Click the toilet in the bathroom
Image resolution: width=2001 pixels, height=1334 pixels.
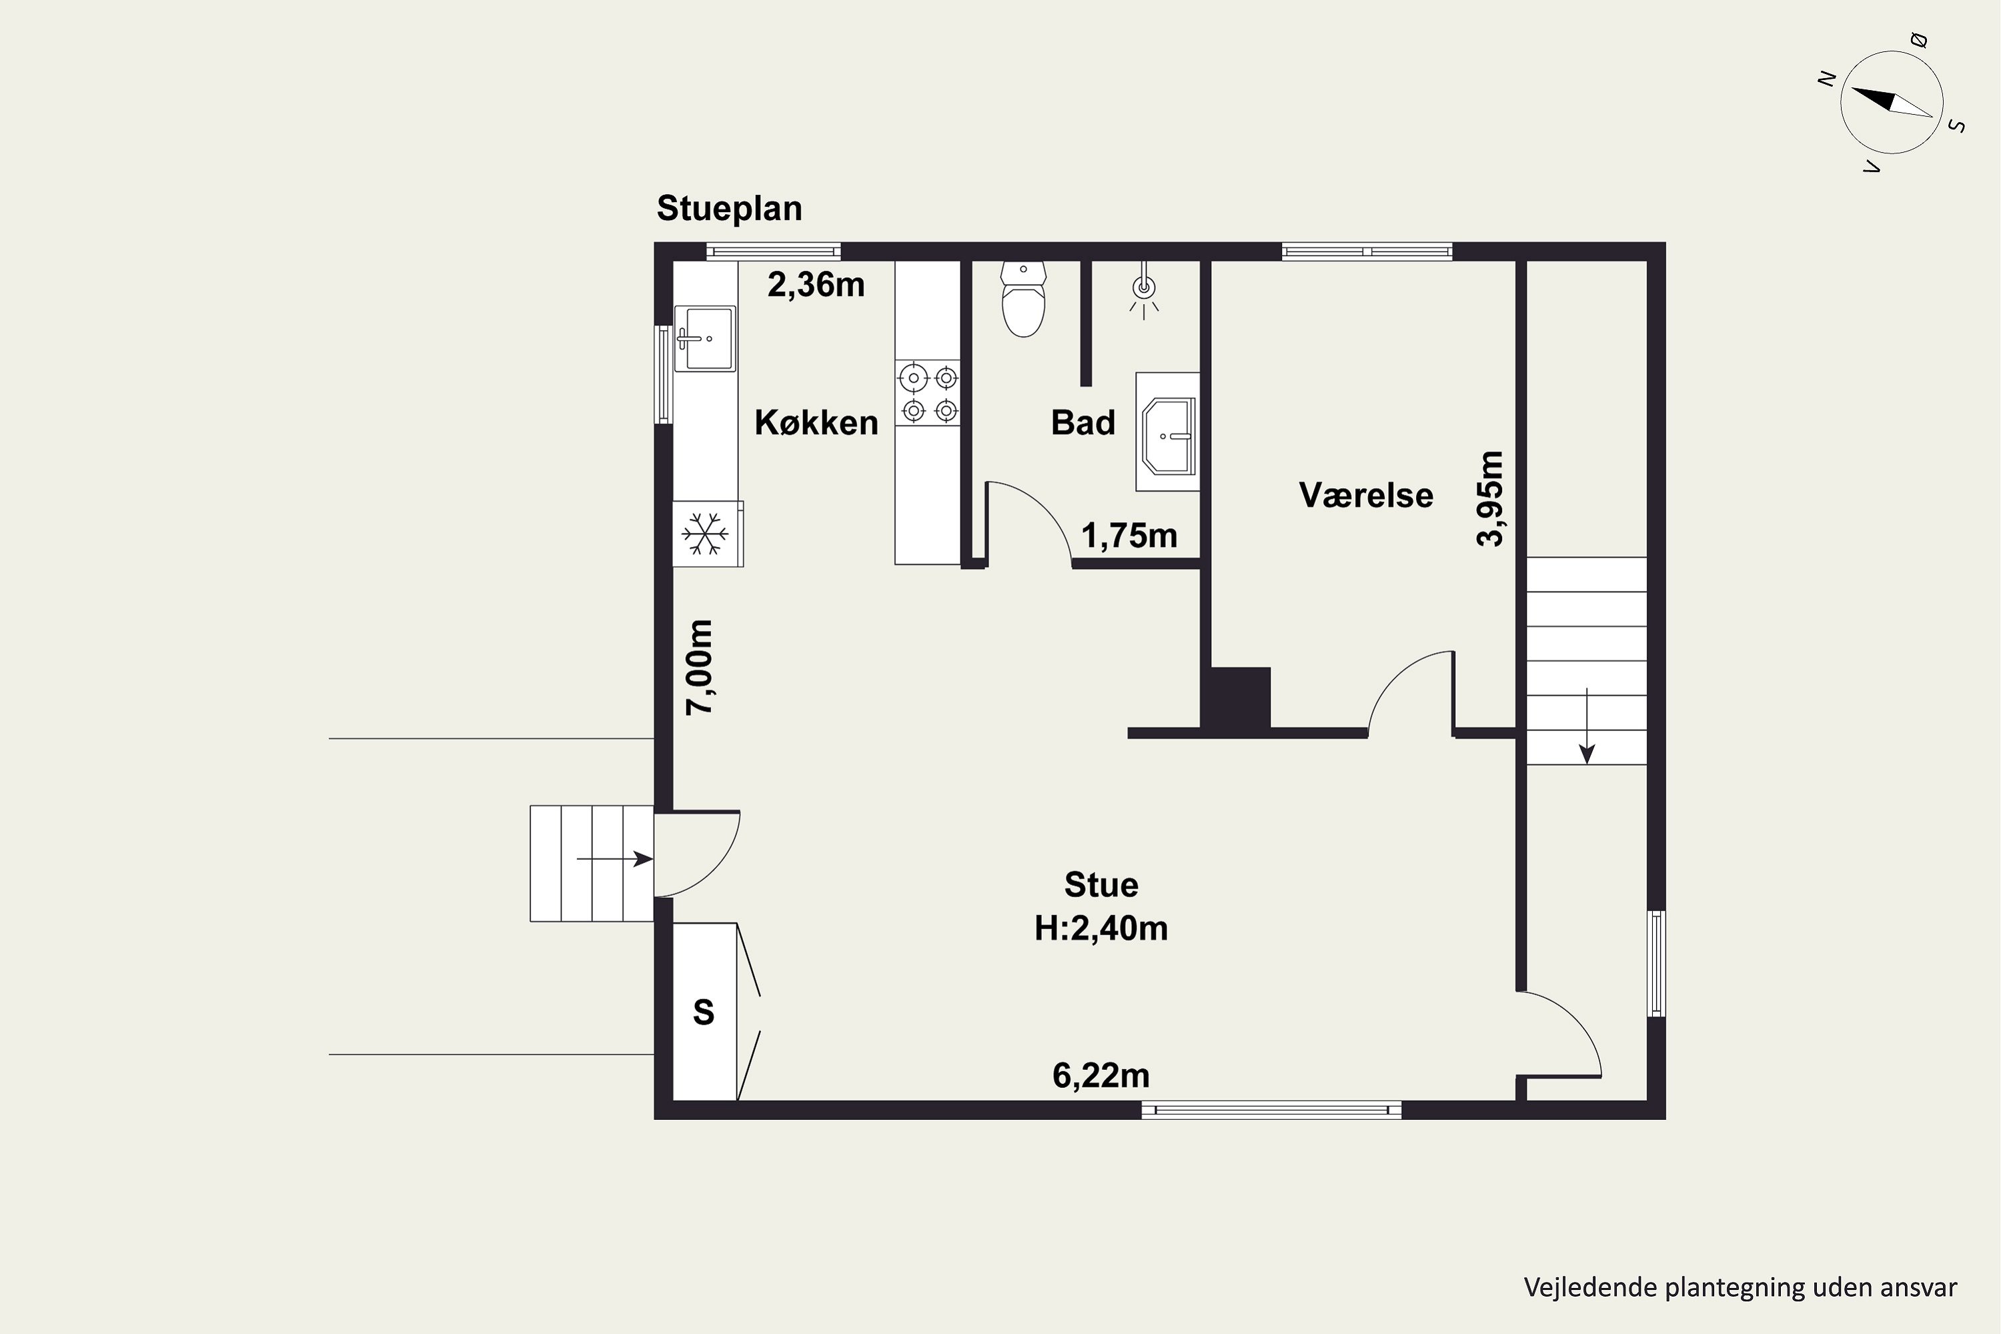(1023, 299)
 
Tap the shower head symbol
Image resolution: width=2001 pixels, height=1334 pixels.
(1145, 289)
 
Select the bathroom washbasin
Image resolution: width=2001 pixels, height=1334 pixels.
(1167, 432)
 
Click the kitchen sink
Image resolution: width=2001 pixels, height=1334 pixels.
(704, 339)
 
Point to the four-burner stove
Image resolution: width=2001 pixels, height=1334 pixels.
(927, 392)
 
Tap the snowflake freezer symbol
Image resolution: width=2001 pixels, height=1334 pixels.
(705, 534)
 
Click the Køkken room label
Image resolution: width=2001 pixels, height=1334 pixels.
(816, 423)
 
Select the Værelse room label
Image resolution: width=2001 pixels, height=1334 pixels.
(1365, 495)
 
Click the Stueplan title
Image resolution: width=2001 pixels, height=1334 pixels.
(729, 208)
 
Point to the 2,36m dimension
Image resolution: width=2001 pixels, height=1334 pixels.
(816, 285)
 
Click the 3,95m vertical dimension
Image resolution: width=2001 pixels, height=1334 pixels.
(1491, 498)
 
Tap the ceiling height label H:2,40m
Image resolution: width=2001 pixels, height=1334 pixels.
(1101, 928)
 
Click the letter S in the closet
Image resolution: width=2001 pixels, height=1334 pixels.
(704, 1013)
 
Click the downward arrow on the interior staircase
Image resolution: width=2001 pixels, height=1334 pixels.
(1587, 726)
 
